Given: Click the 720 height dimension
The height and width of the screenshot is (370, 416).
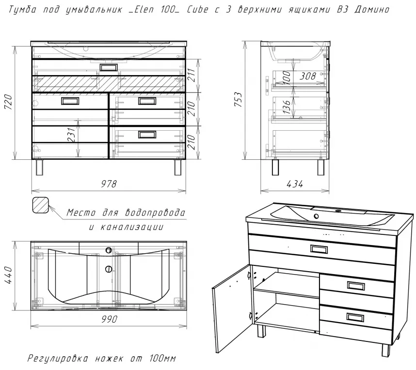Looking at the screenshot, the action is coord(8,102).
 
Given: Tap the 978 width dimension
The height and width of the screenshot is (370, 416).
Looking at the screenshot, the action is coord(109,184).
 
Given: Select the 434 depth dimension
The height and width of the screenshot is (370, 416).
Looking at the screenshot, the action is coord(295,184).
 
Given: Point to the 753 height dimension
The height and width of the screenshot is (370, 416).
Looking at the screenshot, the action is coord(238,99).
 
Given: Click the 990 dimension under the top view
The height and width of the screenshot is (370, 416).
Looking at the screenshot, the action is coord(109,319).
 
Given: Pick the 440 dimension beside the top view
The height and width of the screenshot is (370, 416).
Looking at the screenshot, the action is coord(8,276).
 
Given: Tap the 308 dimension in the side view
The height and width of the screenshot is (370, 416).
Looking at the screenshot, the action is coord(308,76).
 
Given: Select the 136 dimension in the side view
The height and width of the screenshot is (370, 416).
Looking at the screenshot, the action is coord(287,107).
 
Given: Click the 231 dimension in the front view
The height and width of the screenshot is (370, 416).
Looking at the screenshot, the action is coord(72,135).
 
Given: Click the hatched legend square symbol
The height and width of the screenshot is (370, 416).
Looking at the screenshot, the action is coord(41,205).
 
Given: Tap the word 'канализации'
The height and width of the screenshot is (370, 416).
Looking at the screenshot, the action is coord(132,227).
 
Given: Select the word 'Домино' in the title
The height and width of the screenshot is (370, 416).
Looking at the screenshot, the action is coord(372,10).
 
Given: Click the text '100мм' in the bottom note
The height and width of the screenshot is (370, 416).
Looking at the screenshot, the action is coord(162,358).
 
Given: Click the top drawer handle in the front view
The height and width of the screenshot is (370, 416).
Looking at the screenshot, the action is coord(108,67).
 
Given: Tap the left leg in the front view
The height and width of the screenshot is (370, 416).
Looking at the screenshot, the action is coord(40,167).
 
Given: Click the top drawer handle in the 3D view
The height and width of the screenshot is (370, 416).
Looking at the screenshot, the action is coord(319,249).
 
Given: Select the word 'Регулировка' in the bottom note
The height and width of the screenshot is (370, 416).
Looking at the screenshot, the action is coord(58,358).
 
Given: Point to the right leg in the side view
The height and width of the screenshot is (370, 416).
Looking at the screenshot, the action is coord(321,167).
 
